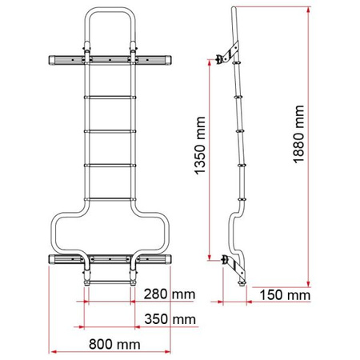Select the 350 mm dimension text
pyautogui.click(x=170, y=320)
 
